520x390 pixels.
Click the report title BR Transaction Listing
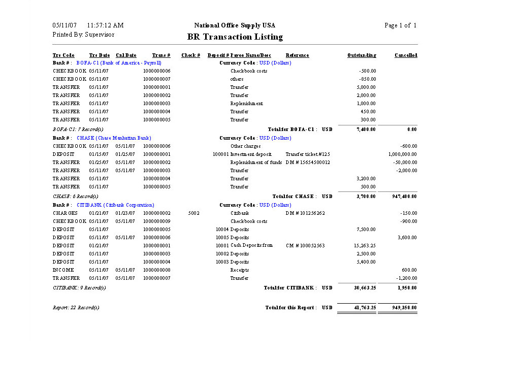coord(235,37)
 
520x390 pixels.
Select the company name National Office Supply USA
coord(235,25)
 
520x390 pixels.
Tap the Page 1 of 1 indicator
coord(400,25)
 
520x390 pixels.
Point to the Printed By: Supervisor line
coord(83,35)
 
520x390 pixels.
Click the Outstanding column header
coord(362,55)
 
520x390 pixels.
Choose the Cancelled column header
coord(406,55)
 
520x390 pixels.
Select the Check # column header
coord(190,55)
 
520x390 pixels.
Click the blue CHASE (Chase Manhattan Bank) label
coord(114,138)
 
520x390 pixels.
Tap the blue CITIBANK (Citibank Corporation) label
coord(115,205)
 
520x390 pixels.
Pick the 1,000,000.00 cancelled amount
coord(403,154)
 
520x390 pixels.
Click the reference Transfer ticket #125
coord(308,154)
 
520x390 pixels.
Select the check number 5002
coord(193,213)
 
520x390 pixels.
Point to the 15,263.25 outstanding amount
coord(365,246)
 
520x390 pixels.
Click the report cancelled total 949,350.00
coord(404,308)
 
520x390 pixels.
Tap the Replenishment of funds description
coord(256,162)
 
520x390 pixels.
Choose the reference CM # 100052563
coord(305,246)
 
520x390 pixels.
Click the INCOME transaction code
coord(63,270)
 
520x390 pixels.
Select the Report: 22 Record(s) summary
coord(76,308)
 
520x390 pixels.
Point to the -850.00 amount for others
coord(368,79)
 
